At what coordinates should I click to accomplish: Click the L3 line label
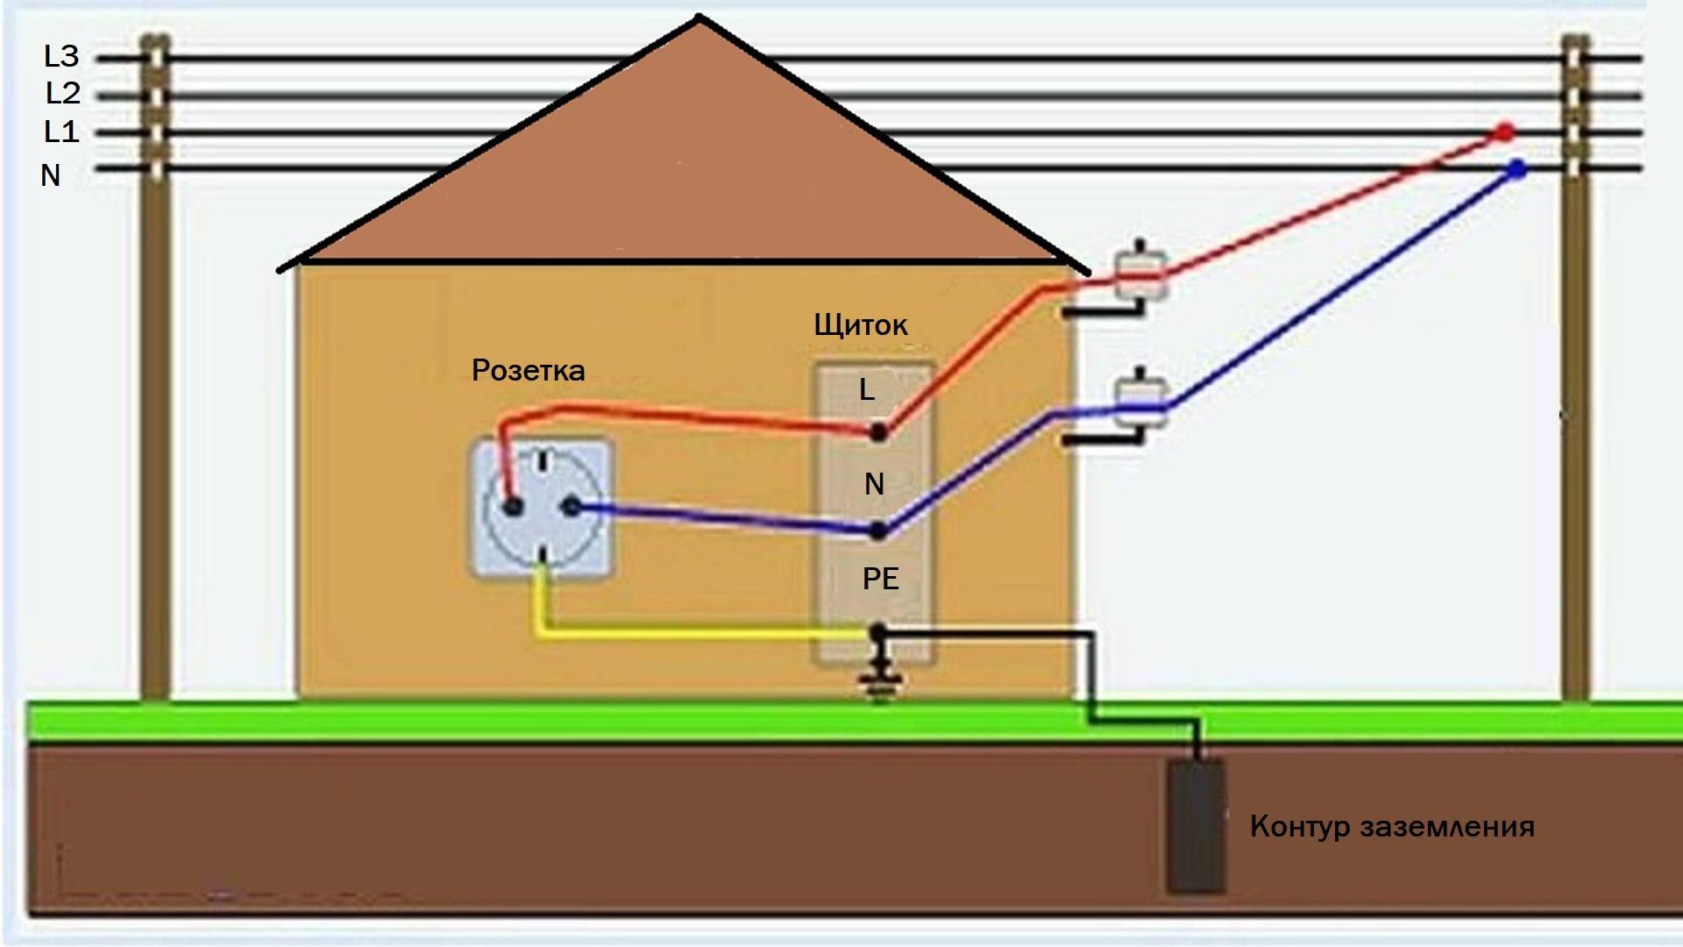point(61,56)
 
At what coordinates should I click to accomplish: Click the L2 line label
point(62,93)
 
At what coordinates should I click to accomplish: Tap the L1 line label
point(61,132)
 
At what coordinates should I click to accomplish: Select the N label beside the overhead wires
point(51,175)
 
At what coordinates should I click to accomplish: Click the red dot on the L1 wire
point(1505,133)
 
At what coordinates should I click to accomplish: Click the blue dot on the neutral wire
point(1516,169)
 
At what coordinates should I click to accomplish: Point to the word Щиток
point(860,325)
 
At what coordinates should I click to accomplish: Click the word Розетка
point(528,370)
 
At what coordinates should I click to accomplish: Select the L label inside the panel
point(867,389)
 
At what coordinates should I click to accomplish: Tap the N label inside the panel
point(874,484)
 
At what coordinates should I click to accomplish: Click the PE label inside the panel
point(880,579)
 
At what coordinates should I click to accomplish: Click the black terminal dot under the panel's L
point(878,431)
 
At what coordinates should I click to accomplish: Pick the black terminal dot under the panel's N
point(878,530)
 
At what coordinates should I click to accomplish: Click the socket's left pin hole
point(513,506)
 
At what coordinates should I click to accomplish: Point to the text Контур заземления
point(1392,827)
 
